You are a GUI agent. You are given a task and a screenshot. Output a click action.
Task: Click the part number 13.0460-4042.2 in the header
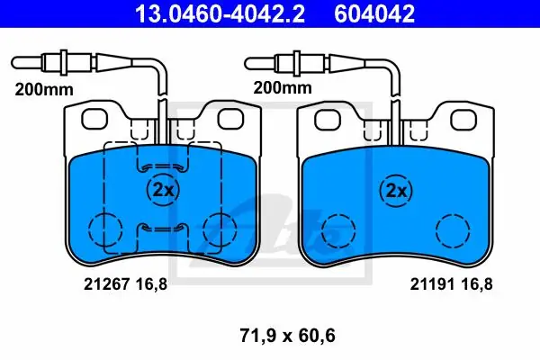(220, 13)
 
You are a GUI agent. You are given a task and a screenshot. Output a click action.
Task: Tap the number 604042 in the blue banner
(374, 13)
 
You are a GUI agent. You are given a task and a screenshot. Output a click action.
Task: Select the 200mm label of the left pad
(44, 90)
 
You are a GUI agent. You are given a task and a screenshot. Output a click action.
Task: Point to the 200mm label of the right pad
(283, 87)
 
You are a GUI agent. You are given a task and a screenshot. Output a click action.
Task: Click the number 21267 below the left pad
(107, 284)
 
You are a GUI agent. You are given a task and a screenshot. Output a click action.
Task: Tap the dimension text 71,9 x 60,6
(288, 336)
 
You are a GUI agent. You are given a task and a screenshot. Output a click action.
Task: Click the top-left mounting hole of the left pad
(94, 119)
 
